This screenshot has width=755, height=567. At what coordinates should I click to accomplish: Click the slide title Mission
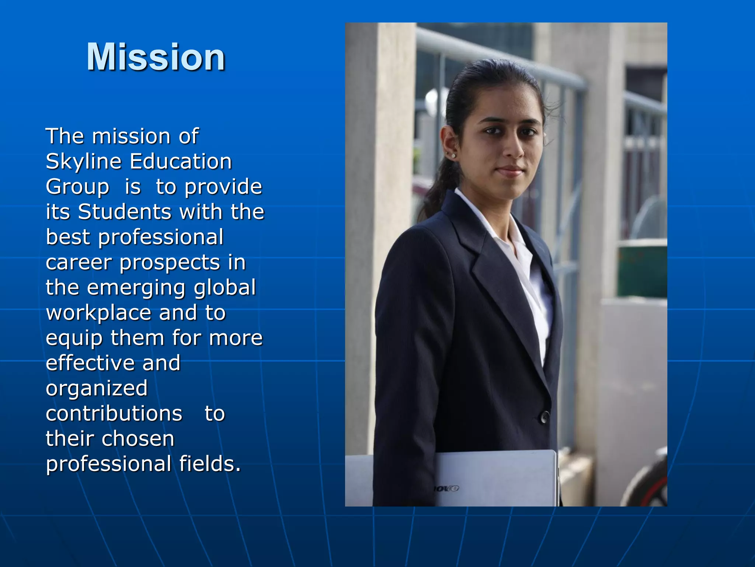click(156, 57)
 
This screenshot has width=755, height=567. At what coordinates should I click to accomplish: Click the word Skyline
click(83, 162)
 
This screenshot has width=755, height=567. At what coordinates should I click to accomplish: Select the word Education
click(181, 162)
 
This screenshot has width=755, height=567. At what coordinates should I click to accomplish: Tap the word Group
click(77, 187)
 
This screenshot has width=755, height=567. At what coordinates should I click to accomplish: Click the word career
click(79, 263)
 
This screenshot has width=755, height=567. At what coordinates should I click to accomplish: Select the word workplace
click(98, 313)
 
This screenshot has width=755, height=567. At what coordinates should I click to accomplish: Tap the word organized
click(97, 389)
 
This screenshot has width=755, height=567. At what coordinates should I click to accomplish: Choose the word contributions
click(114, 413)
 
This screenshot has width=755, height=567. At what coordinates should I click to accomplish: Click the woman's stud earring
click(453, 156)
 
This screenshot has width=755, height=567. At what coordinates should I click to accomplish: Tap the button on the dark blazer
click(544, 417)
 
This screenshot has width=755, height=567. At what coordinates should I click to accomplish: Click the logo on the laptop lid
click(446, 489)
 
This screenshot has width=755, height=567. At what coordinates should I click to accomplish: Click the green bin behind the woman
click(642, 271)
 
